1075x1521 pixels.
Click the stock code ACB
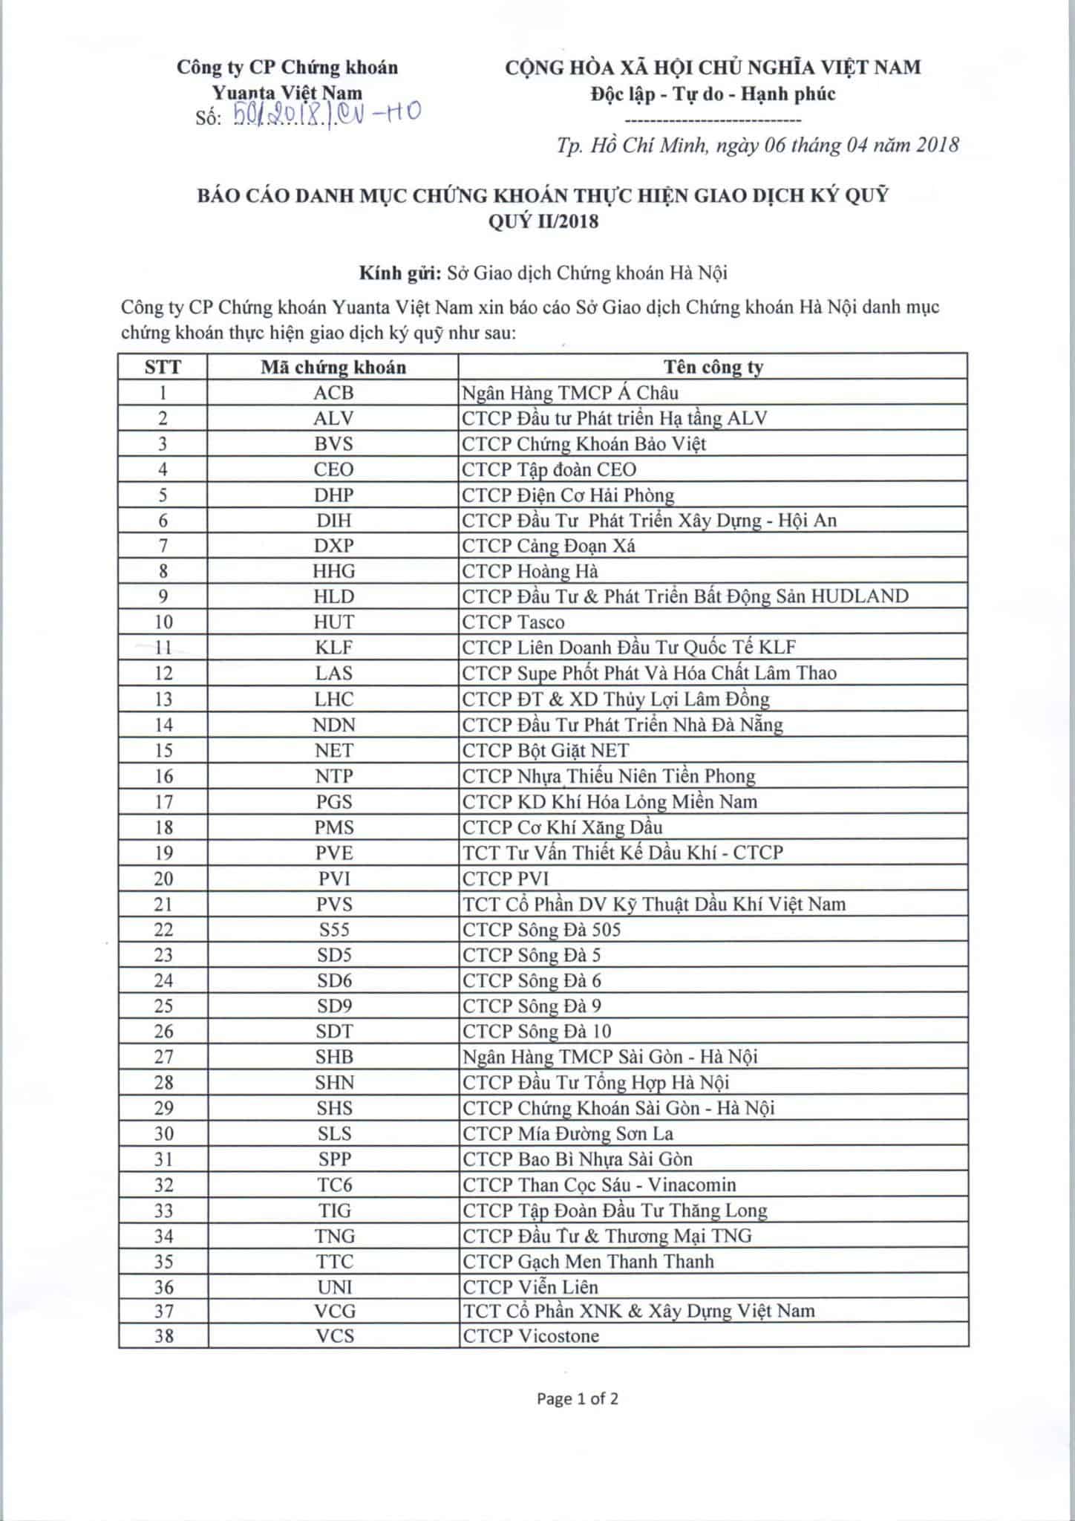[333, 393]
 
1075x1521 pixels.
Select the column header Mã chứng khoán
[333, 367]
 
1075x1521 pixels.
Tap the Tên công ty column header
[713, 367]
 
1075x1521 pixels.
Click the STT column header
[163, 367]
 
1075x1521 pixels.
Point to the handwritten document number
[327, 114]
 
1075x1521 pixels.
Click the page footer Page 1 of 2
[578, 1399]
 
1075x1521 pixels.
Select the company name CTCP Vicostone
[531, 1336]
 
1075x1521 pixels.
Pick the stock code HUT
[333, 622]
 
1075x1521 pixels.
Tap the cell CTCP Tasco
[513, 622]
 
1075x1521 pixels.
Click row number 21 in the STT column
[163, 905]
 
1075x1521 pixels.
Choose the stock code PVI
[333, 879]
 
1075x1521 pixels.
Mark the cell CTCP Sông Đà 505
[541, 930]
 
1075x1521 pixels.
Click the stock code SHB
[333, 1057]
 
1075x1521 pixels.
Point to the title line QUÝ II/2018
[543, 221]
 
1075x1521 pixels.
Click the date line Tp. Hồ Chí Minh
[757, 144]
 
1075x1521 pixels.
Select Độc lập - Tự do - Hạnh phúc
[713, 94]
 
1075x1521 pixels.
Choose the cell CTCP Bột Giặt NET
[546, 751]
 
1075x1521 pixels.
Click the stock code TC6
[333, 1185]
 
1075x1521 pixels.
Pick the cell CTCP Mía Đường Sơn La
[568, 1134]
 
